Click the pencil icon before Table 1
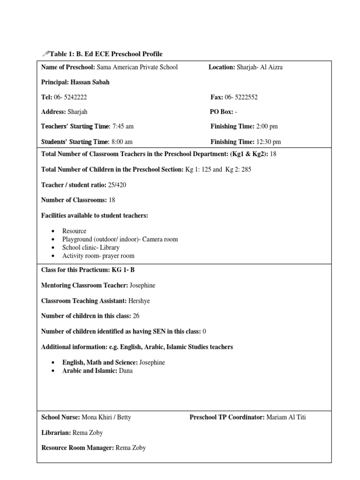(45, 54)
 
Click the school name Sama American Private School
(137, 67)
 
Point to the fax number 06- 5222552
(241, 97)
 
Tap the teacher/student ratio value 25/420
(117, 185)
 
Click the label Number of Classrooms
(75, 200)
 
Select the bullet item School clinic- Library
(91, 247)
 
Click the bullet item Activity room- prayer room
(98, 256)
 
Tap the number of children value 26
(136, 316)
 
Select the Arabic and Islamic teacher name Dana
(126, 371)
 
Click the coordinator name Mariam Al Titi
(286, 417)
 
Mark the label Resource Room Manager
(77, 448)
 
